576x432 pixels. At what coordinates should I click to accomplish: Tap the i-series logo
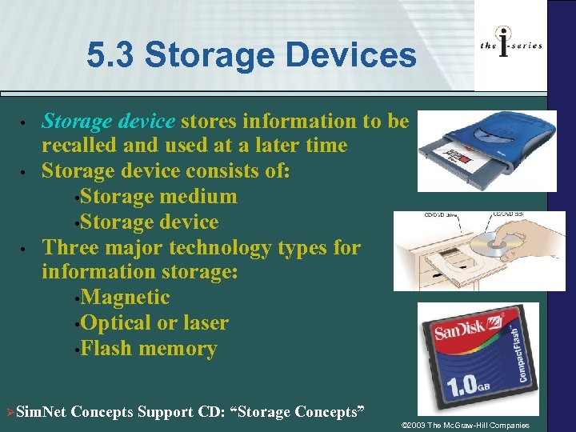511,45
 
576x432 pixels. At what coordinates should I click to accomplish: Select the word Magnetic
126,298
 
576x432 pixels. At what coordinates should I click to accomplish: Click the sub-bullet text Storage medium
159,196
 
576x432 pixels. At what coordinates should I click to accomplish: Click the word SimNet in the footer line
41,412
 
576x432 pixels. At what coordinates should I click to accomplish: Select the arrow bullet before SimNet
10,412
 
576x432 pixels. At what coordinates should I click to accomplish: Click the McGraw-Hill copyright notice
465,424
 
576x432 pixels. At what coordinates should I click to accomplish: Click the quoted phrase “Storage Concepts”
298,412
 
